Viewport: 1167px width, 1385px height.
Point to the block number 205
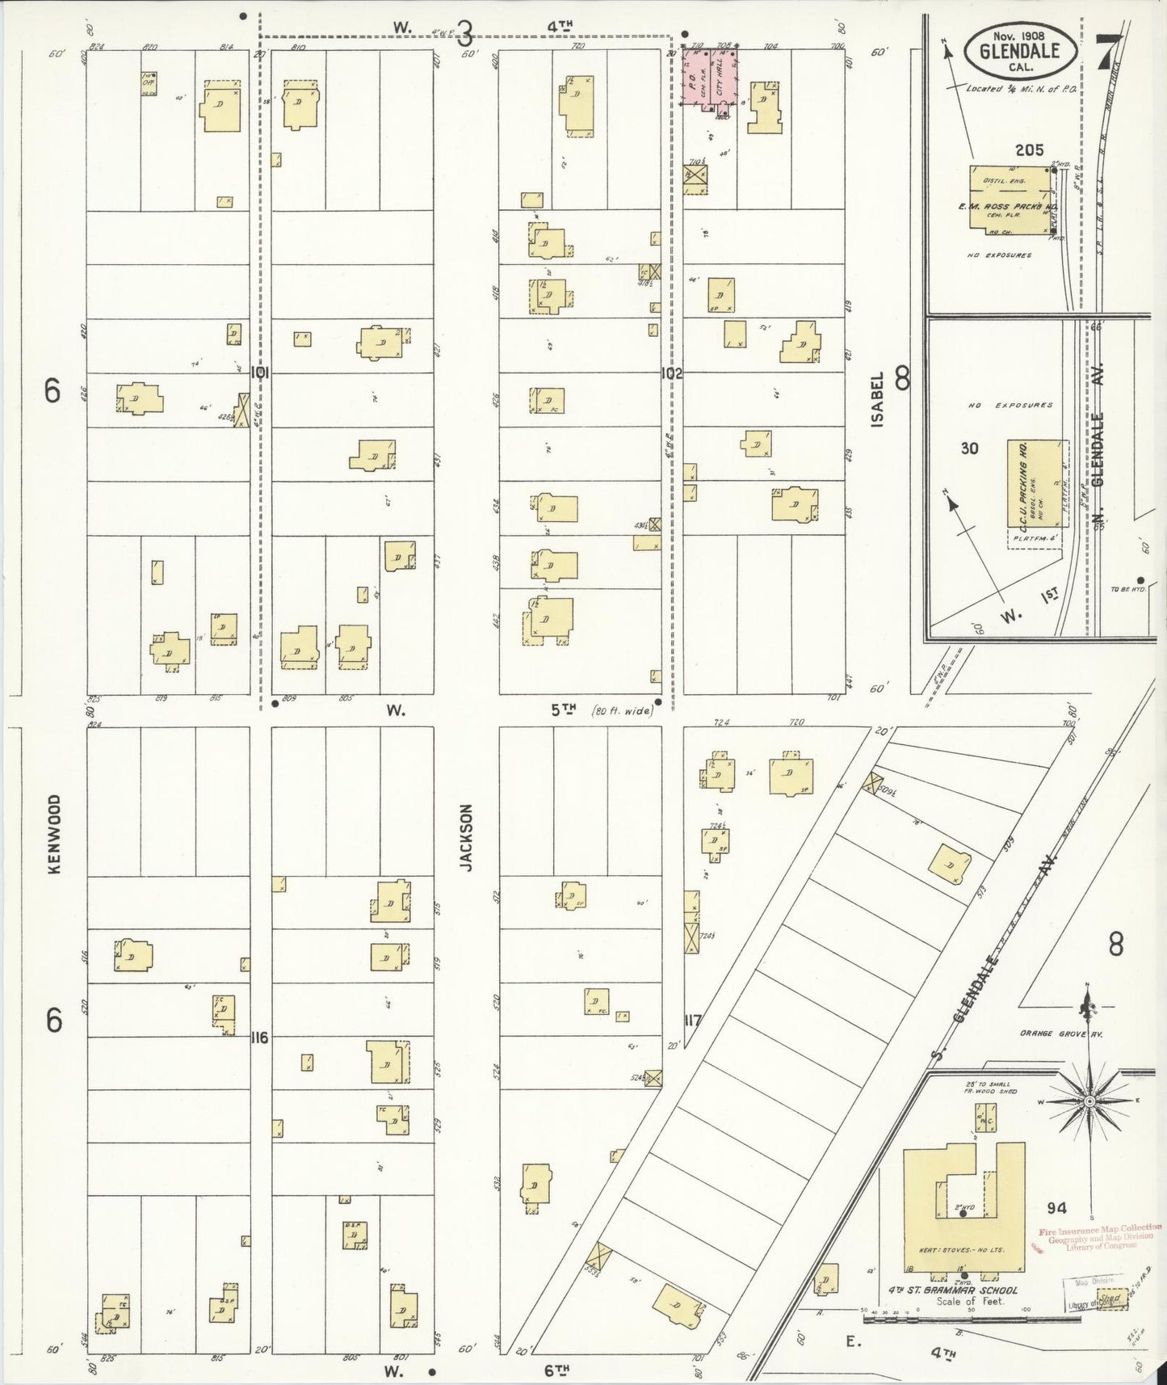tap(1029, 150)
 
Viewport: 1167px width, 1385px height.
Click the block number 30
tap(969, 448)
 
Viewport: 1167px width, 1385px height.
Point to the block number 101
tap(259, 373)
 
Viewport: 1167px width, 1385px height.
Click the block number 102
tap(672, 373)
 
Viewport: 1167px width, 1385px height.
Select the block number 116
tap(259, 1037)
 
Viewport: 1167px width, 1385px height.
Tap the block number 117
tap(691, 1021)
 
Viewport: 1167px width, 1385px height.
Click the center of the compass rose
tap(1089, 1101)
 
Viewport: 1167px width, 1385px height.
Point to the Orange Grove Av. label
tap(1060, 1033)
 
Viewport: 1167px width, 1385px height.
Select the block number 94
tap(1056, 1208)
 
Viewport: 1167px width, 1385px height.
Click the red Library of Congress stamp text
tap(1100, 1238)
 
